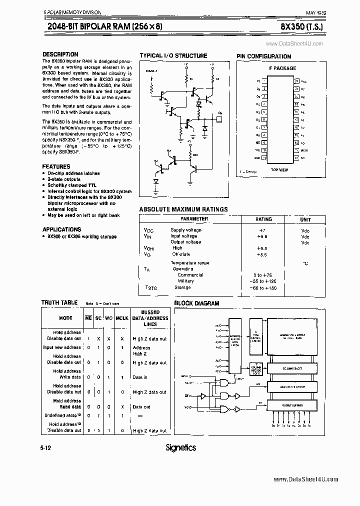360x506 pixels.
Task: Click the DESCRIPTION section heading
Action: click(60, 54)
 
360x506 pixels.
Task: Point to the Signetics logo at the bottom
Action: click(180, 447)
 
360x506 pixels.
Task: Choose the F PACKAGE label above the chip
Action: click(282, 68)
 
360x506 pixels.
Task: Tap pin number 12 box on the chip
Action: click(296, 158)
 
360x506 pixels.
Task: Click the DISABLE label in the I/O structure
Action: click(151, 71)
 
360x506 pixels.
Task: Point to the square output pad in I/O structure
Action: click(218, 119)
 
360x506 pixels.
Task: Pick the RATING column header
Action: click(263, 219)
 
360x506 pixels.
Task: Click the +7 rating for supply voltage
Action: click(260, 230)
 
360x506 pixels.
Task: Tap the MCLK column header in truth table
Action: click(121, 317)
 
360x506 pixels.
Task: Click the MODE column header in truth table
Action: click(65, 317)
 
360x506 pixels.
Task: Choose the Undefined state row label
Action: click(62, 415)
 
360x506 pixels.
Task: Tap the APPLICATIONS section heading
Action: click(61, 229)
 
